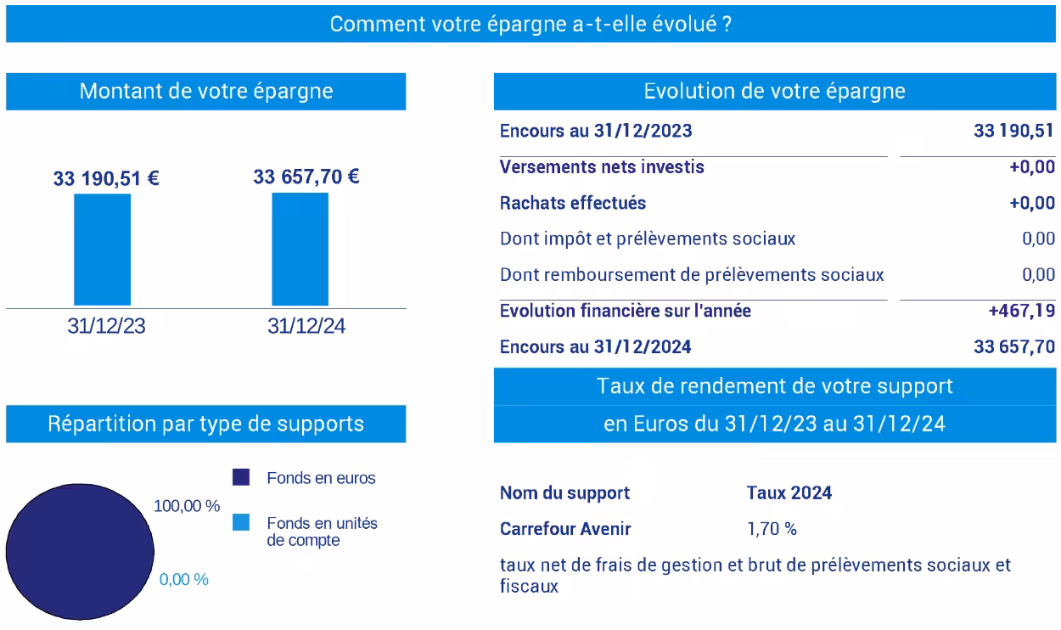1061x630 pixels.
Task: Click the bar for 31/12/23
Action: (103, 250)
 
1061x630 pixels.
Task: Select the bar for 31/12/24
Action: (300, 249)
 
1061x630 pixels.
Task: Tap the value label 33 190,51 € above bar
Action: (106, 179)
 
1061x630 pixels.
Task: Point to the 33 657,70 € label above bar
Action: (306, 177)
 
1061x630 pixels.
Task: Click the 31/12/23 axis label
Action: (106, 327)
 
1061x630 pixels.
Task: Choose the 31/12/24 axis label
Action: (306, 327)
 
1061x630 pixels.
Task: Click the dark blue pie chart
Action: (77, 552)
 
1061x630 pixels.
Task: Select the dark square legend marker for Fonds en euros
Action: (241, 477)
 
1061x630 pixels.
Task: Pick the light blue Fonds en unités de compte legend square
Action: (241, 523)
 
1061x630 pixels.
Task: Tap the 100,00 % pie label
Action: (187, 506)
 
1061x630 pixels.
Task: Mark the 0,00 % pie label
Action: (183, 580)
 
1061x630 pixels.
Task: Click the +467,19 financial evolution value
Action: (1022, 311)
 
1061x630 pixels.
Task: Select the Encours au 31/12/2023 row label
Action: (596, 131)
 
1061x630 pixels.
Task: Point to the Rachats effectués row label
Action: (573, 203)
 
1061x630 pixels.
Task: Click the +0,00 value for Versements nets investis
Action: (1032, 167)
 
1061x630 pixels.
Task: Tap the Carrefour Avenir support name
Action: (565, 529)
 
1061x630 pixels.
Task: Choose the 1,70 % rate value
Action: (772, 529)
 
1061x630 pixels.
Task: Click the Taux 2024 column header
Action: (789, 493)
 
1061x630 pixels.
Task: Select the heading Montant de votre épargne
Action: (206, 92)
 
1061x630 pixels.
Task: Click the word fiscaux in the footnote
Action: (529, 586)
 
